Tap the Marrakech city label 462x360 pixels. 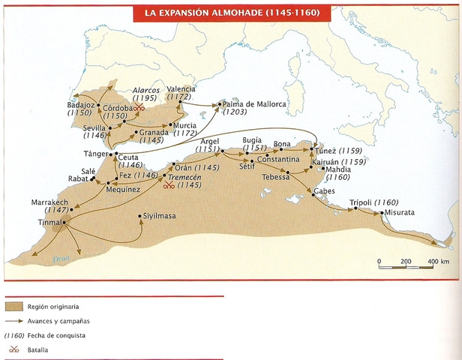(x=50, y=203)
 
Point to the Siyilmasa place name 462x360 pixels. (x=160, y=216)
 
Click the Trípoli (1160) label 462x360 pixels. (x=373, y=202)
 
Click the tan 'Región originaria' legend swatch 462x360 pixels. (x=13, y=307)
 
